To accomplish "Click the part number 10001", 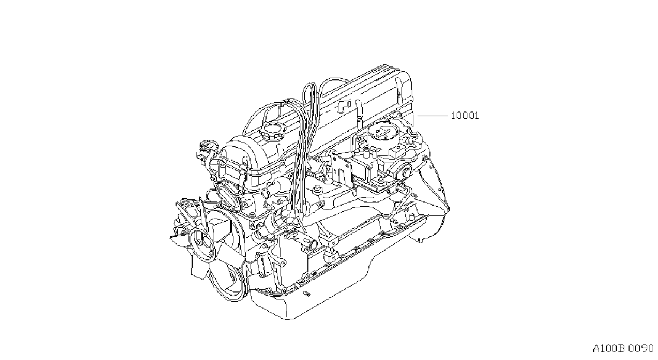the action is tap(465, 116).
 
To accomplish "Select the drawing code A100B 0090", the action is tap(623, 348).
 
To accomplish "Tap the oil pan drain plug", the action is tap(307, 294).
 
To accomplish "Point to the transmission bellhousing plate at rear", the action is tap(433, 188).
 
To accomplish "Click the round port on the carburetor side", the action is tap(406, 172).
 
